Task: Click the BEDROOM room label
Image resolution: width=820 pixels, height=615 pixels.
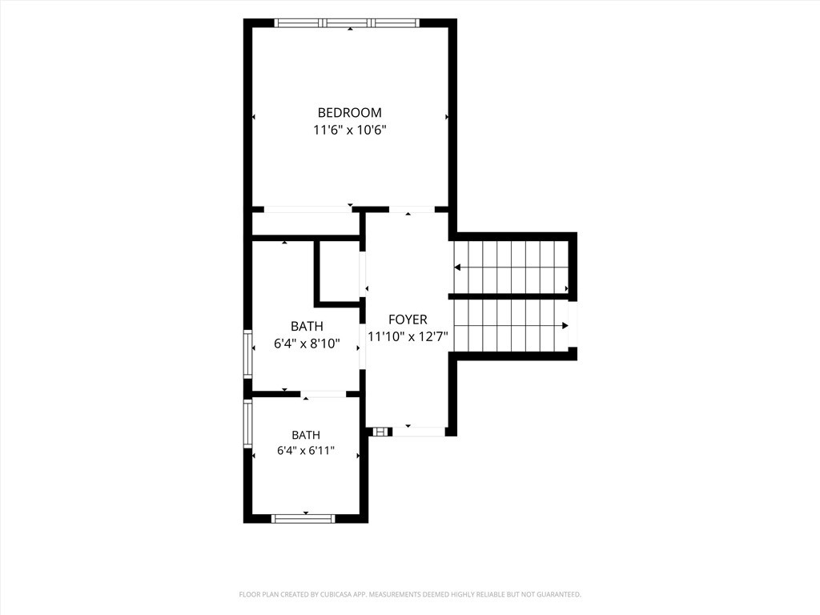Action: coord(349,112)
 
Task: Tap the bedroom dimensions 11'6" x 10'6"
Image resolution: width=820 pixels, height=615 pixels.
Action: coord(349,130)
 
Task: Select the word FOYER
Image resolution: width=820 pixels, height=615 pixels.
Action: coord(408,320)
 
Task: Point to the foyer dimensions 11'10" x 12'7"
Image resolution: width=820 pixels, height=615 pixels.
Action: coord(408,336)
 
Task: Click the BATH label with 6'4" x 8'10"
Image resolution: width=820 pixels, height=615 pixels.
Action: coord(307,327)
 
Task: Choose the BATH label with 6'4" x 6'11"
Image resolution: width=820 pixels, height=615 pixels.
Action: coord(306,435)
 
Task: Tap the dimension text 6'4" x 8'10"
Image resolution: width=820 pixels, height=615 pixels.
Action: coord(307,344)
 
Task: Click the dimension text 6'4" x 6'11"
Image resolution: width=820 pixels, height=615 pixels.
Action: coord(306,451)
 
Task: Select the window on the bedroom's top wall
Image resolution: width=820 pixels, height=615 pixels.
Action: coord(347,23)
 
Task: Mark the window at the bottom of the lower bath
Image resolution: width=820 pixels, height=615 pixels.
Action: coord(303,519)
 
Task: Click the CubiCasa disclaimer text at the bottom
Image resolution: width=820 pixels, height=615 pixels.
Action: coord(410,595)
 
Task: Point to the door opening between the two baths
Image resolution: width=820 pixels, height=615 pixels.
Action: coord(324,394)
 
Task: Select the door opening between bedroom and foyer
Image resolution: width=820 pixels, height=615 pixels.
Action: coord(412,210)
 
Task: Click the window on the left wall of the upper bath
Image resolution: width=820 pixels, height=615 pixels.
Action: coord(248,354)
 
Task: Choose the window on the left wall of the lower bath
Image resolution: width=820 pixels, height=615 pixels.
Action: coord(248,424)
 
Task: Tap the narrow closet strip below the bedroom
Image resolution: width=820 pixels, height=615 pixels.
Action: coord(306,224)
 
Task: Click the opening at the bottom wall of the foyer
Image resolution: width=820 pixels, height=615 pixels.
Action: coord(418,432)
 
